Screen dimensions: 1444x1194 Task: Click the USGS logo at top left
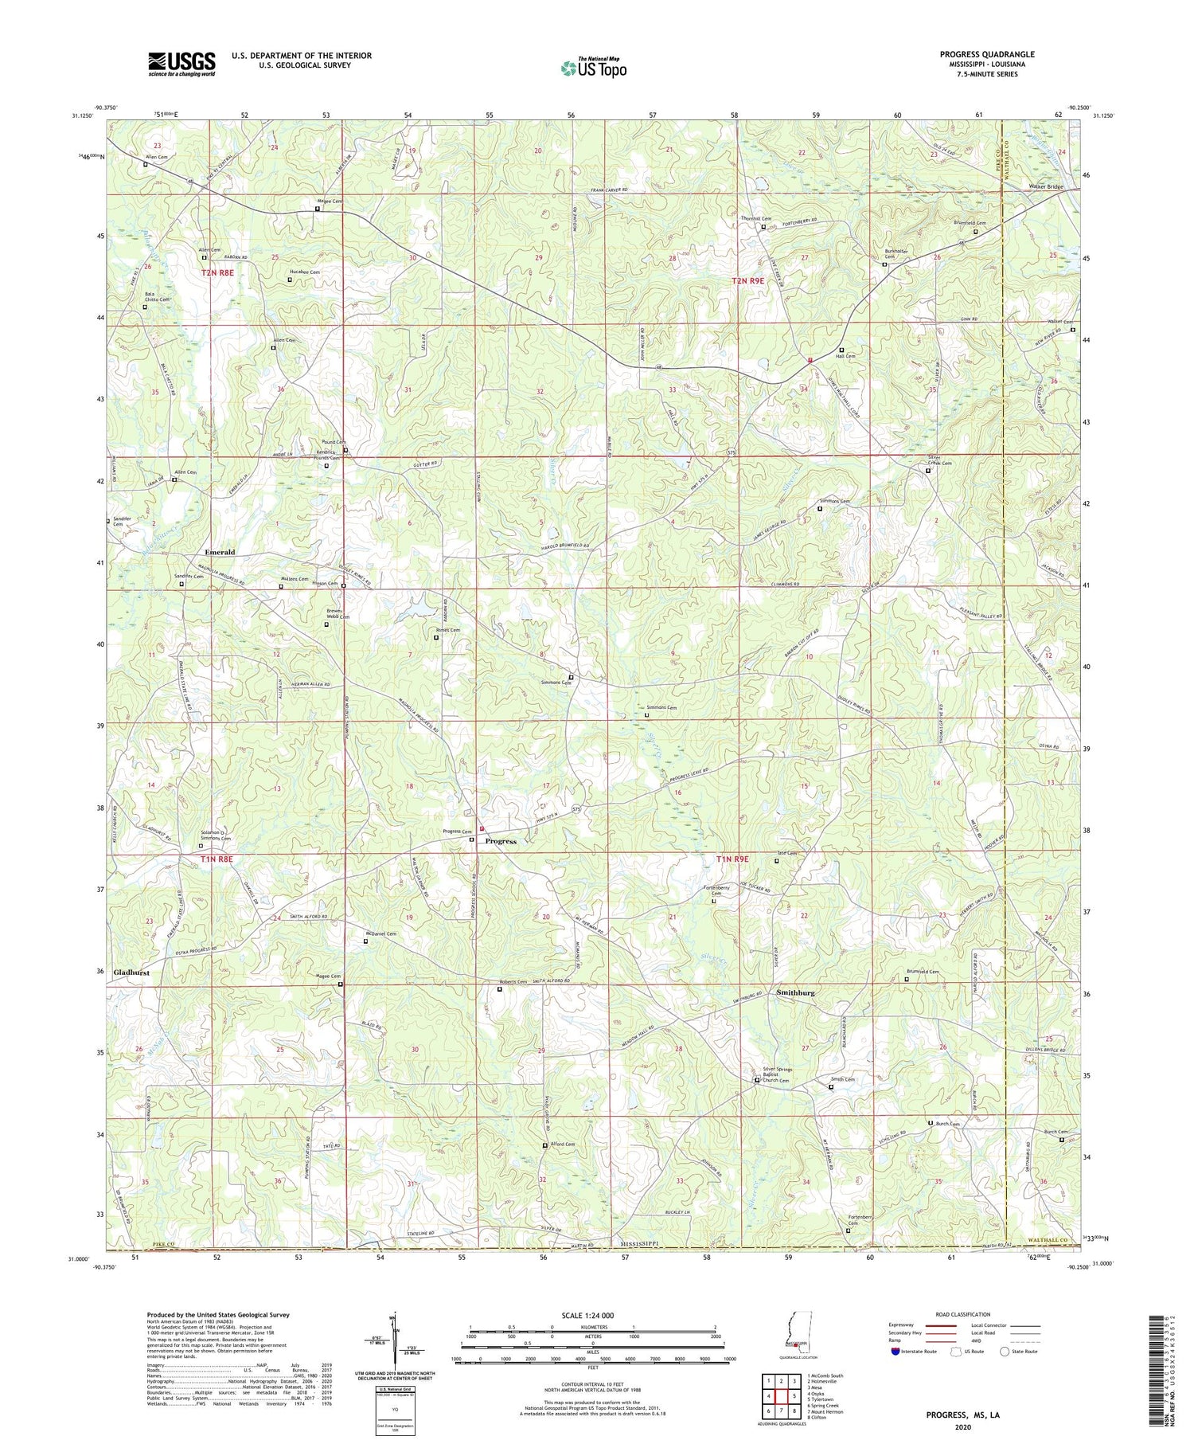(x=181, y=64)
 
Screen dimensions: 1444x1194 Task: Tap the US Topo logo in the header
(x=593, y=68)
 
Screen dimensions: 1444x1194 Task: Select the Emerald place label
(x=220, y=552)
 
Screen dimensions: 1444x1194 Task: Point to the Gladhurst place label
(x=131, y=972)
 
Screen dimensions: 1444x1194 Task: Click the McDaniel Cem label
(x=380, y=934)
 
